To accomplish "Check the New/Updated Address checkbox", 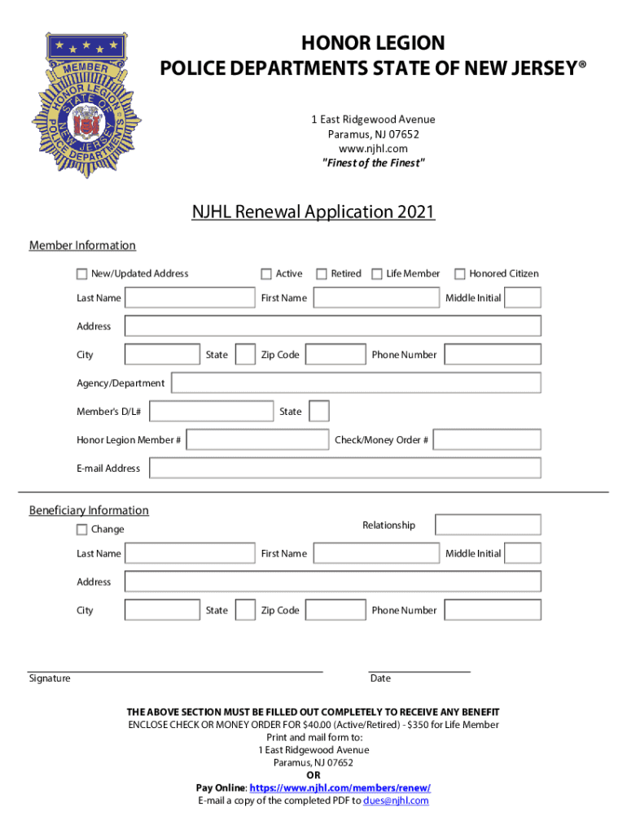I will tap(82, 274).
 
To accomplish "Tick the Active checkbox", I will tap(266, 274).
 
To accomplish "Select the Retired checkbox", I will tap(322, 274).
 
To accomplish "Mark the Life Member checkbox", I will tap(377, 274).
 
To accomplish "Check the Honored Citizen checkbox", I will tap(460, 274).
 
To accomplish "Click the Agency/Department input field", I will tap(356, 383).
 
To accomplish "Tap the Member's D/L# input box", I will tap(212, 412).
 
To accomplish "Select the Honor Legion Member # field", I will tap(257, 440).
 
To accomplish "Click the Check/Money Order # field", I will tap(487, 440).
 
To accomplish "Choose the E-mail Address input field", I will tap(345, 469).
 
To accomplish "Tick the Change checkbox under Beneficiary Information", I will tap(82, 530).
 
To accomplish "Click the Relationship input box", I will tap(488, 526).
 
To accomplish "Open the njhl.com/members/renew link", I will tap(340, 788).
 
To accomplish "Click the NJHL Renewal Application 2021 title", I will tap(313, 212).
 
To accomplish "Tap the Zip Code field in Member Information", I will tap(335, 355).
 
